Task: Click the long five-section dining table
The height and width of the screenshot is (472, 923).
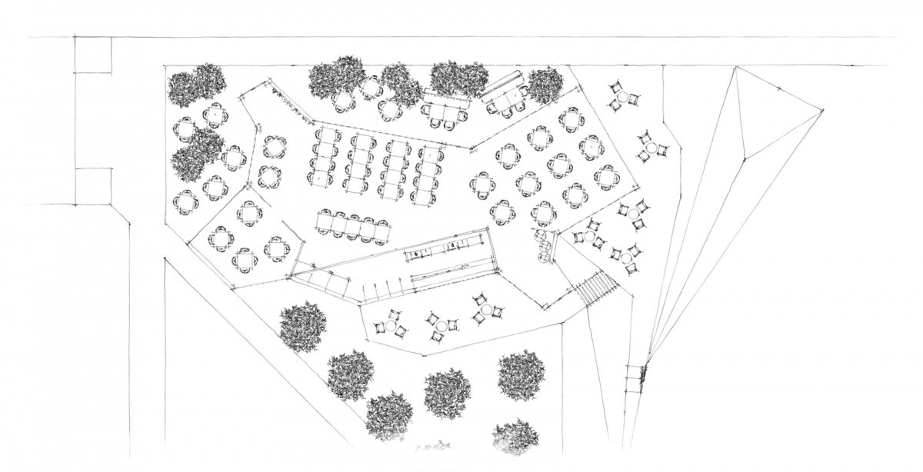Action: pos(352,224)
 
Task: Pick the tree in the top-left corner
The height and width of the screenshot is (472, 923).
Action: pos(197,87)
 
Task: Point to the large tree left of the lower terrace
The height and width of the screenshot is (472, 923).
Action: pos(302,326)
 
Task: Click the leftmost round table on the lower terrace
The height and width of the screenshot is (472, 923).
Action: pos(391,326)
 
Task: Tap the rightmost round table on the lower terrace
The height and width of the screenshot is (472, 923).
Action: pos(487,309)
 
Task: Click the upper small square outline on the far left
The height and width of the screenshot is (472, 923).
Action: pos(93,55)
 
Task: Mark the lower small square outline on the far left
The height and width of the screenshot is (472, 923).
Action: pos(93,186)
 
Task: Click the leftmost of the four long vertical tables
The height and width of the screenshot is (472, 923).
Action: pos(325,158)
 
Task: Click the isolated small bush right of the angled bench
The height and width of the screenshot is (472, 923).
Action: pos(545,85)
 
